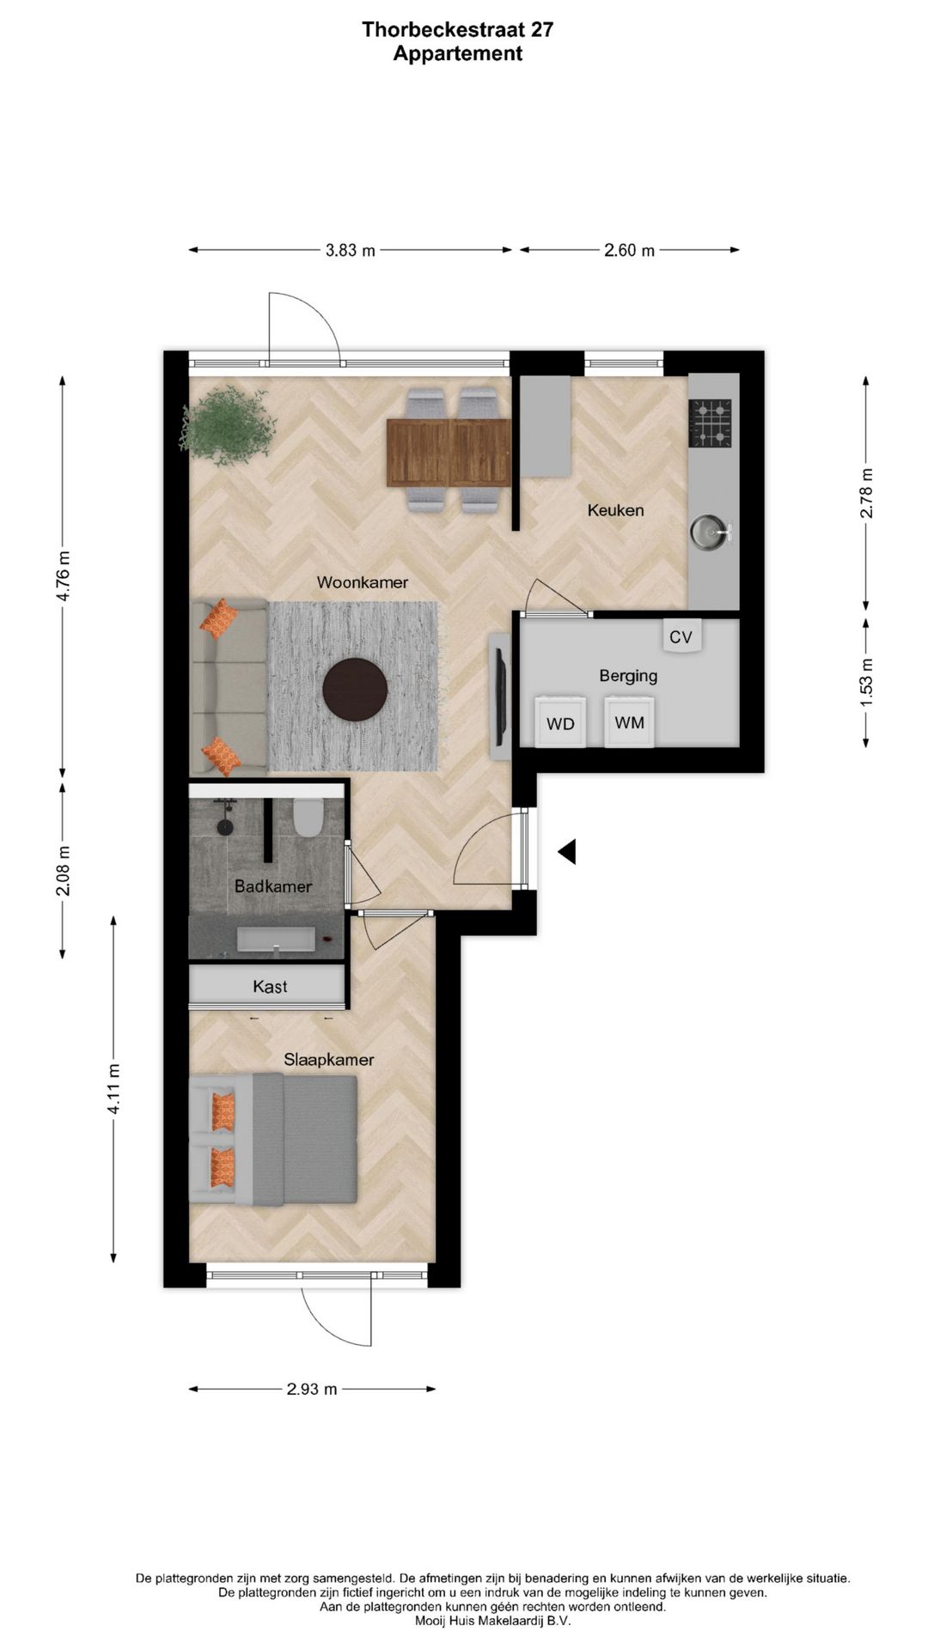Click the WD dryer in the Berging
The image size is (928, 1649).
tap(560, 721)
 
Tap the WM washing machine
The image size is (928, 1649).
tap(629, 721)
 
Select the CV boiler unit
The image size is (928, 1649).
tap(681, 636)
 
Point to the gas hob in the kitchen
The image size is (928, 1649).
tap(710, 423)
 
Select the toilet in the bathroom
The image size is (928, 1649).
tap(307, 817)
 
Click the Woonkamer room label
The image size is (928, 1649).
tap(362, 582)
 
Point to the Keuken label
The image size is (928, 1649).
tap(615, 510)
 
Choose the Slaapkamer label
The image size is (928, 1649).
tap(329, 1060)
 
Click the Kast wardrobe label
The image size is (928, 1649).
tap(270, 987)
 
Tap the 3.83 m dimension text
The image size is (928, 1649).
tap(350, 251)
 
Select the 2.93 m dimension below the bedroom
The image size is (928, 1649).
tap(312, 1389)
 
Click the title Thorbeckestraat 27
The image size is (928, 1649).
tap(458, 30)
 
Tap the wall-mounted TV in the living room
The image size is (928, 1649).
tap(498, 697)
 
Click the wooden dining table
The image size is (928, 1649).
tap(449, 451)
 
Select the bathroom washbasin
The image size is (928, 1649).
tap(276, 939)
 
